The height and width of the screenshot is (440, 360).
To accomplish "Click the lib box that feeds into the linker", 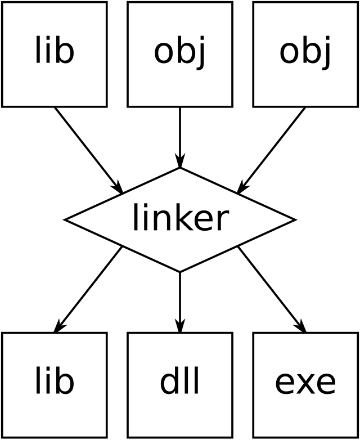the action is click(55, 55).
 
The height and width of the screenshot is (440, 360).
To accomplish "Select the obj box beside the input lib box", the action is click(180, 55).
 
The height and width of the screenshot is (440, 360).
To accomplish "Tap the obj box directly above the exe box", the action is click(305, 55).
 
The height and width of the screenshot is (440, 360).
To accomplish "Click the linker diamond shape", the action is click(180, 220).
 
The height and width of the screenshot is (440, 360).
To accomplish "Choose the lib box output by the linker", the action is click(55, 385).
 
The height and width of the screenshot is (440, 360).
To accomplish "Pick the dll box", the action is click(180, 385).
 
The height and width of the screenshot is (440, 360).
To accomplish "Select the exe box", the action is click(305, 385).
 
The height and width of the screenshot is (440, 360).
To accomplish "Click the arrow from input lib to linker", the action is click(89, 150).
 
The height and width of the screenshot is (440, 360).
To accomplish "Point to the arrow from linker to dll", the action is click(180, 302).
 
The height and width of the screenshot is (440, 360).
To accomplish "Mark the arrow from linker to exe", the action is click(272, 289).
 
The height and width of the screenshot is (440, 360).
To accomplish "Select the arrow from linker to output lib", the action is click(88, 289).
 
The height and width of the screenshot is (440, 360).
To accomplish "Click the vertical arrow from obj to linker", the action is click(180, 137).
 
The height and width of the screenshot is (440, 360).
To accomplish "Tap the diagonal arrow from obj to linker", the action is click(271, 150).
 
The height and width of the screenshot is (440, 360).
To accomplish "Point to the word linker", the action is click(181, 217).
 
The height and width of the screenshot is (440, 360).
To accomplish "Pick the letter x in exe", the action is click(305, 384).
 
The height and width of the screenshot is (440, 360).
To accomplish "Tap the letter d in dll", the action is click(169, 380).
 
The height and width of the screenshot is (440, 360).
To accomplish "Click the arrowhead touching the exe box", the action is click(300, 326).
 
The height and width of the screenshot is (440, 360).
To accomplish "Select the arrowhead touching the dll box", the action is click(180, 326).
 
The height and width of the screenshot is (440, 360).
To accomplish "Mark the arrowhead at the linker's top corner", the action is click(180, 160).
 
